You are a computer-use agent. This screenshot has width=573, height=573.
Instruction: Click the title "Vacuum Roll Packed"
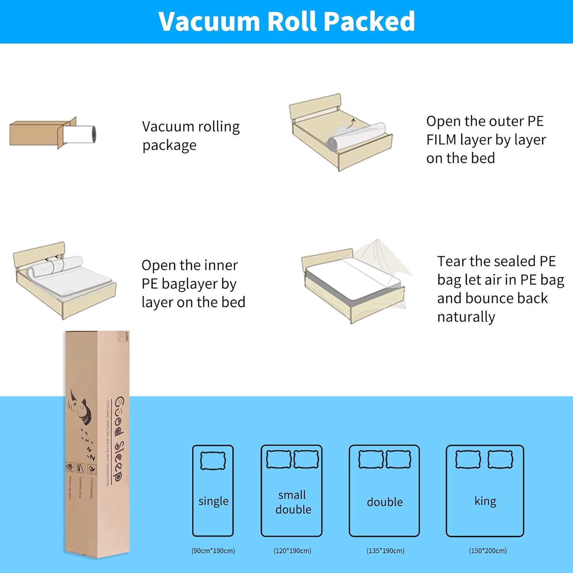pyautogui.click(x=286, y=21)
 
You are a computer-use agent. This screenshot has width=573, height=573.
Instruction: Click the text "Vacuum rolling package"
pyautogui.click(x=191, y=136)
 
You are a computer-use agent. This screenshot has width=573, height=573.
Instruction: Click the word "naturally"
pyautogui.click(x=466, y=317)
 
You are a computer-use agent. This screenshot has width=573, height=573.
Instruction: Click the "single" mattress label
pyautogui.click(x=213, y=501)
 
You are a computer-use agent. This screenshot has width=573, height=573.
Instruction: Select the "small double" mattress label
pyautogui.click(x=293, y=502)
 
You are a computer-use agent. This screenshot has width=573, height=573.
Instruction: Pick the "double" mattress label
pyautogui.click(x=385, y=502)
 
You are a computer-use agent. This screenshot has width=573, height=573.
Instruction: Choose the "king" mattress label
pyautogui.click(x=485, y=501)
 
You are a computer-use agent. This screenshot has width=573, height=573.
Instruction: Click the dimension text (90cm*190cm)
pyautogui.click(x=213, y=551)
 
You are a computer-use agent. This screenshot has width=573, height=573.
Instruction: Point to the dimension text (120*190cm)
pyautogui.click(x=292, y=551)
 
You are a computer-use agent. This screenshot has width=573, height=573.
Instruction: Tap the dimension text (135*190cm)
pyautogui.click(x=385, y=551)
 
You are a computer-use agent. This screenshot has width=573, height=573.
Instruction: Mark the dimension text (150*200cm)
pyautogui.click(x=488, y=551)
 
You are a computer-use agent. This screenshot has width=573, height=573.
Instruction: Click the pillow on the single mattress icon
pyautogui.click(x=213, y=461)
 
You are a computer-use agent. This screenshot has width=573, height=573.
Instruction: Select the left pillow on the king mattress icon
pyautogui.click(x=468, y=459)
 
